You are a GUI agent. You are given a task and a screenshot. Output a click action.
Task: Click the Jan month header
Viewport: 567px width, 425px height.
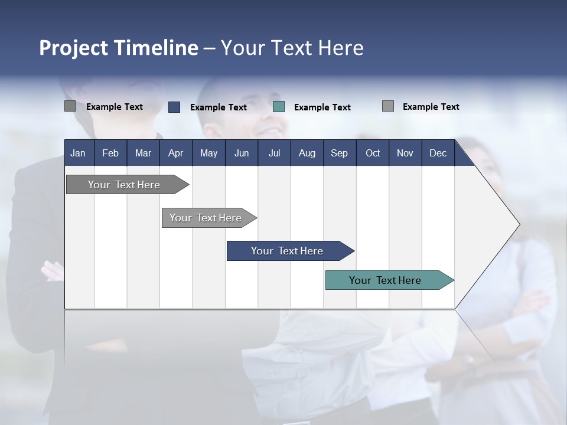(x=78, y=153)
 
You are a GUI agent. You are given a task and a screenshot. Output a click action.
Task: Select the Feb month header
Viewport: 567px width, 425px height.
(x=110, y=153)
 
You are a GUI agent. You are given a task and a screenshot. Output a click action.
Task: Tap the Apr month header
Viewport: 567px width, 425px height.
(x=175, y=153)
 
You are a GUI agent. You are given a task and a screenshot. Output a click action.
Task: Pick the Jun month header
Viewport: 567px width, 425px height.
(x=242, y=153)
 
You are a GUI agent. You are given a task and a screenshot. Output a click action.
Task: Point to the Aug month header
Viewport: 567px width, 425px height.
(x=307, y=153)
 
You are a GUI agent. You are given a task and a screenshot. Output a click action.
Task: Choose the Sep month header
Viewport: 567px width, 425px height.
(x=339, y=153)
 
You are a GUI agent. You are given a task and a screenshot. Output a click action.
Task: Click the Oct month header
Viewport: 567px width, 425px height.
(x=373, y=153)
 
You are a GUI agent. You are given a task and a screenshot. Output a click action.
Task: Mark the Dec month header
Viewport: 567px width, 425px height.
(x=438, y=153)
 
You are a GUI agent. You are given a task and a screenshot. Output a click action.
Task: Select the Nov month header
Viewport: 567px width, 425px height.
(x=405, y=153)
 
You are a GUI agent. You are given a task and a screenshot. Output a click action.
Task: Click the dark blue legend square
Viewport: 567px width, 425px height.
(x=174, y=107)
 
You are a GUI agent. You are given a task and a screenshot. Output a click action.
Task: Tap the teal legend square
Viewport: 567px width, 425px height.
(x=279, y=107)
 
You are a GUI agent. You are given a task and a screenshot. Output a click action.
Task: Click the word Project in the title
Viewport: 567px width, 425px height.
(x=74, y=48)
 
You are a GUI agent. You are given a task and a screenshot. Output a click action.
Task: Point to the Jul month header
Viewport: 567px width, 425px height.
(x=274, y=153)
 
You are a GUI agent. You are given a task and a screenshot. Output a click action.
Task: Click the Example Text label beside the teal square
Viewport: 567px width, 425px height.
(x=322, y=107)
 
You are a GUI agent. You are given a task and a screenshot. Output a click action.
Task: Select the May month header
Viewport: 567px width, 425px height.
(x=208, y=153)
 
